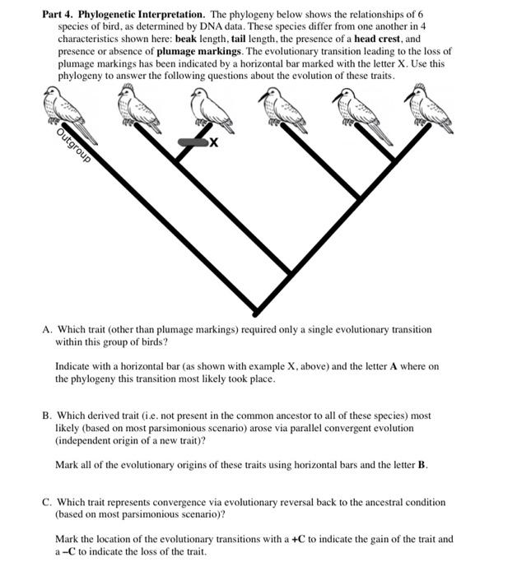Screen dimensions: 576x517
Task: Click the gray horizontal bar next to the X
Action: click(190, 142)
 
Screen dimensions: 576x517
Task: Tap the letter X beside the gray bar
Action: click(213, 142)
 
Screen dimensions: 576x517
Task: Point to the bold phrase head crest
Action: click(375, 39)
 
